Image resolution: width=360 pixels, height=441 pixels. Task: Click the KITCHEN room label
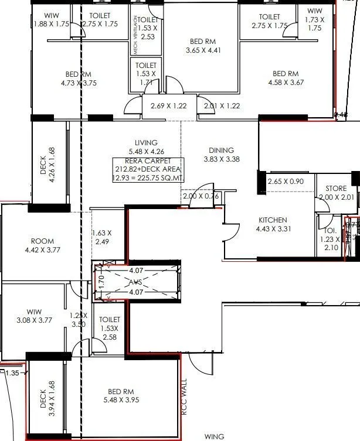(x=272, y=220)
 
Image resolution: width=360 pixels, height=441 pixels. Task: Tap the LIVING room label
(x=147, y=143)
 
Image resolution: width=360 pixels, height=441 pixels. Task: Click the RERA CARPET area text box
(x=148, y=170)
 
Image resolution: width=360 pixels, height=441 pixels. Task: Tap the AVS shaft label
(x=136, y=282)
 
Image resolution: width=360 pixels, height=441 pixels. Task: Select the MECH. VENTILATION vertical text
(x=135, y=35)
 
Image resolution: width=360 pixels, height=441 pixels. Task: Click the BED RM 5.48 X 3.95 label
(x=121, y=392)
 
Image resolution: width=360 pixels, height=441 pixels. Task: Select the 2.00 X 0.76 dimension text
(x=201, y=196)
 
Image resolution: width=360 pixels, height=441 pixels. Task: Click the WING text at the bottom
(x=214, y=436)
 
